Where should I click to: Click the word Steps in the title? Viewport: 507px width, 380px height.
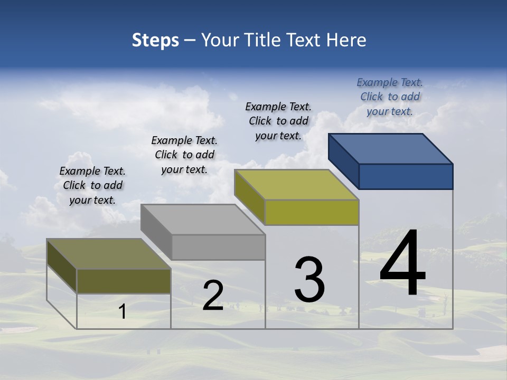coord(155,40)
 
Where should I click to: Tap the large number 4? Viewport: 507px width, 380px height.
coord(402,263)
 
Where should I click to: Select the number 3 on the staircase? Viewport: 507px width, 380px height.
coord(309,280)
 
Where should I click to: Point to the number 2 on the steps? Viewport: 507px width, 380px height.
coord(213,296)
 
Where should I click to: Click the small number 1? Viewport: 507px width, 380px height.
coord(122,312)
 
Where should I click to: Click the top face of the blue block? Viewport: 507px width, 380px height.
coord(391,148)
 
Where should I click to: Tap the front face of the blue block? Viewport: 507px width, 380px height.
coord(406,176)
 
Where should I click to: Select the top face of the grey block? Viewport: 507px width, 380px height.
coord(203,219)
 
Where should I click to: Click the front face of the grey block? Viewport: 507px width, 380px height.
coord(218,247)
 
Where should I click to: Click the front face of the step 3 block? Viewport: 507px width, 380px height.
coord(312,212)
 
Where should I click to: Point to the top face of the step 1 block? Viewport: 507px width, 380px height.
coord(109,254)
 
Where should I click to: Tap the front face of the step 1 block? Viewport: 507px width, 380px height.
coord(124,281)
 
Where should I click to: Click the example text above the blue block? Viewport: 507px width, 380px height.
coord(390,97)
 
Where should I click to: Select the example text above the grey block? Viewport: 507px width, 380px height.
coord(184,155)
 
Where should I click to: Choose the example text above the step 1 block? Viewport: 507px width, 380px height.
coord(92,185)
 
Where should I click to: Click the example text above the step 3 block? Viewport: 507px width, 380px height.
coord(278,121)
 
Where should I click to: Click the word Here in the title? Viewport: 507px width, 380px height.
coord(346,40)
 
